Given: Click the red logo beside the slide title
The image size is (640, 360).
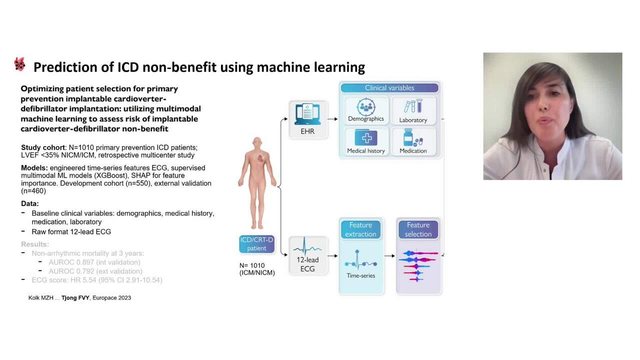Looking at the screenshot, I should [x=19, y=64].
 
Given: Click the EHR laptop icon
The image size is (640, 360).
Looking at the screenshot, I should [x=308, y=114].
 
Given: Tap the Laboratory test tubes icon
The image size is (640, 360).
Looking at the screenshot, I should [x=413, y=106].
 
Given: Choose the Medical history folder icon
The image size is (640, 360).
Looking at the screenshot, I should [x=366, y=138].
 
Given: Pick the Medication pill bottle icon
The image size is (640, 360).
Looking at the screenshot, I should [x=413, y=138].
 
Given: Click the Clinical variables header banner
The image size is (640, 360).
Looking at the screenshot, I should [x=389, y=88].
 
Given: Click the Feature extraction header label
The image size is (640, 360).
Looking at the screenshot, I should [x=360, y=229].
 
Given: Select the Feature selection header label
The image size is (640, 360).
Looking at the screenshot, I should [x=418, y=229].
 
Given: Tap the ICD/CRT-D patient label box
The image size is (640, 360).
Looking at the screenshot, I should [x=257, y=244].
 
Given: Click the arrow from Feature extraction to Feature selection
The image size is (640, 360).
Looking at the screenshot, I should [x=389, y=256].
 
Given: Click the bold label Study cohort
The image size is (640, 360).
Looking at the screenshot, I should [x=42, y=147].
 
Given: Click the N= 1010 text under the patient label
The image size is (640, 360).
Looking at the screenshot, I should [x=252, y=265].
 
